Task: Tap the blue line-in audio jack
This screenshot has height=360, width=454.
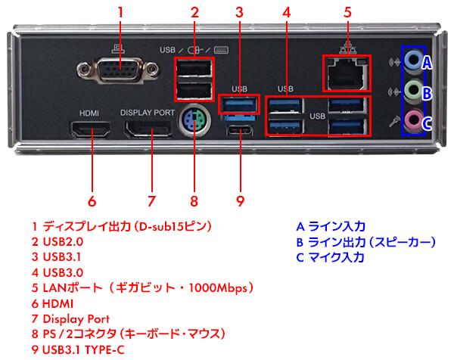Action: [x=411, y=60]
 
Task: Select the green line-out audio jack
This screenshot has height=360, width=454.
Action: [x=411, y=90]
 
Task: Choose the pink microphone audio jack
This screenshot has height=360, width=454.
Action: [x=411, y=119]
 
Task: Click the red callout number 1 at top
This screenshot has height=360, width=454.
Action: [x=121, y=12]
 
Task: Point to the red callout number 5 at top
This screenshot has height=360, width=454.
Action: [x=347, y=12]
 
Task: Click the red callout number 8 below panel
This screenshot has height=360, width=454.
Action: [x=194, y=201]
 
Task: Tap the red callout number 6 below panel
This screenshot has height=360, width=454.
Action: [x=92, y=201]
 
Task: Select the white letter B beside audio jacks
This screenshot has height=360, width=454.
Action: [x=427, y=93]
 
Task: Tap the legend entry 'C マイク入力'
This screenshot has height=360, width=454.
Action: [x=330, y=257]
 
